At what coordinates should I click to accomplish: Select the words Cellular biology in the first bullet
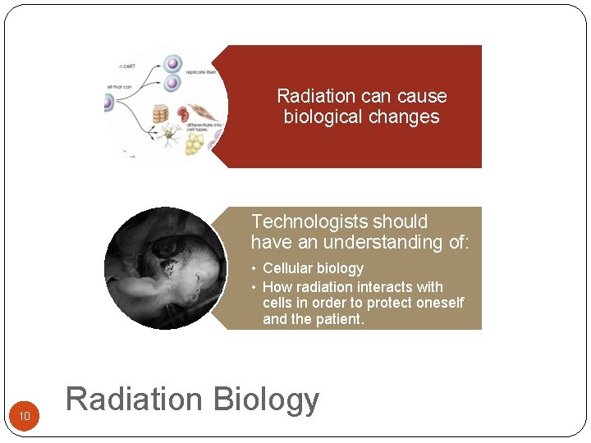[x=313, y=268]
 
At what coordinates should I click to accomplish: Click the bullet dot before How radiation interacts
[x=254, y=287]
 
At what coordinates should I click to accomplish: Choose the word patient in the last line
[x=337, y=319]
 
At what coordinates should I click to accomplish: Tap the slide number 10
[x=25, y=417]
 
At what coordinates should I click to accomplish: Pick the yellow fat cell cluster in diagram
[x=194, y=144]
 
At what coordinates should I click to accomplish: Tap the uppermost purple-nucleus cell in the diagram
[x=173, y=64]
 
